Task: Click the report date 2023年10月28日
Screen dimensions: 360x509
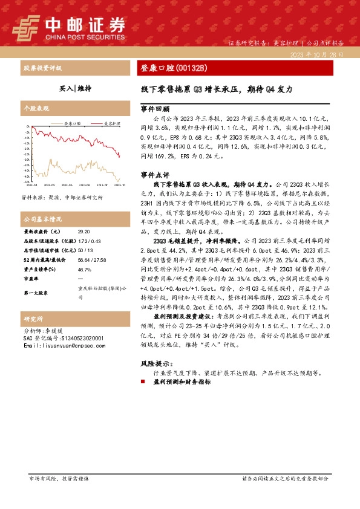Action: click(316, 54)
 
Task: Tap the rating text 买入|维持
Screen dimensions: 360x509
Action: click(76, 88)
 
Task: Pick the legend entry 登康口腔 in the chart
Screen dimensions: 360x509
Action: click(74, 123)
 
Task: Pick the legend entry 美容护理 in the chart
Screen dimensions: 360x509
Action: click(108, 123)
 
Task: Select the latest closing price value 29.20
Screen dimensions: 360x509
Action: click(83, 232)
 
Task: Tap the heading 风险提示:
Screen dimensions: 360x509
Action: click(156, 364)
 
